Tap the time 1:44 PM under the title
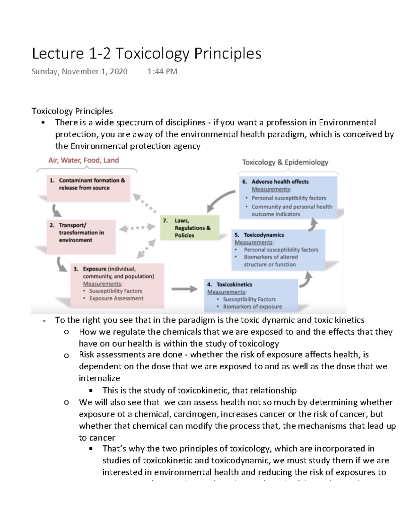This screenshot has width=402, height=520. [x=162, y=72]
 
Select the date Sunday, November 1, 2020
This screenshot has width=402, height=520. [x=79, y=72]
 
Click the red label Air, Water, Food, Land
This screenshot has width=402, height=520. [x=83, y=160]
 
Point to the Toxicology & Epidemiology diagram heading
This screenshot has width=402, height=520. [x=285, y=162]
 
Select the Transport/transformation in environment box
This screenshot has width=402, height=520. [x=81, y=236]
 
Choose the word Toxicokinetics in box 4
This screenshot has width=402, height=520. [x=234, y=285]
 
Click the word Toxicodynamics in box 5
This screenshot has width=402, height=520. [x=264, y=235]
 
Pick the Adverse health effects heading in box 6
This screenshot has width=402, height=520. [x=280, y=182]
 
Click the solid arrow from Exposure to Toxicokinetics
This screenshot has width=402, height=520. [x=185, y=289]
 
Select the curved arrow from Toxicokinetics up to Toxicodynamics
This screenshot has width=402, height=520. [x=306, y=280]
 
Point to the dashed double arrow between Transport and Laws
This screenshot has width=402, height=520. [x=137, y=228]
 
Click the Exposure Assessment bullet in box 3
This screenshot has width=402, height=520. [x=116, y=298]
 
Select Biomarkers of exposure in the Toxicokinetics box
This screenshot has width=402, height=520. [x=252, y=307]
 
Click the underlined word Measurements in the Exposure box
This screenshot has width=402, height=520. [x=103, y=284]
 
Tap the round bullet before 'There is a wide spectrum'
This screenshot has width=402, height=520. [x=43, y=123]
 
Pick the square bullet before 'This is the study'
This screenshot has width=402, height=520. [x=91, y=391]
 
